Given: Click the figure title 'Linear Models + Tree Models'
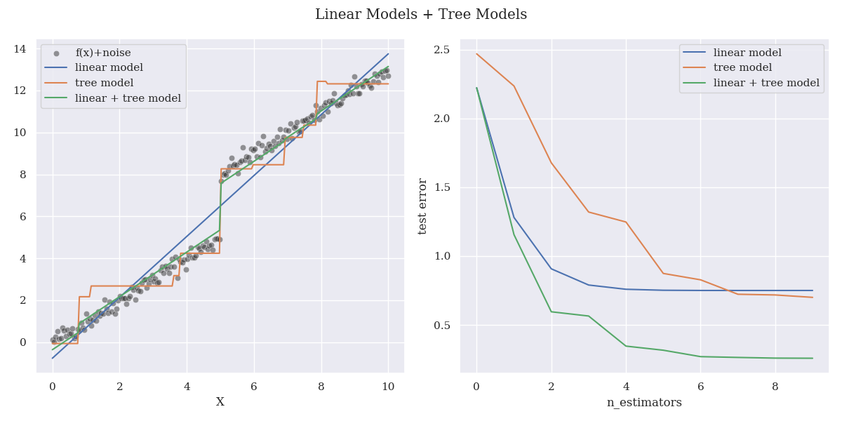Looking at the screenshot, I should (421, 15).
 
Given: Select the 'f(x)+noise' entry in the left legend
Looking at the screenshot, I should (102, 53).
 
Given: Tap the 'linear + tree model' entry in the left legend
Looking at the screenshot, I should (128, 98).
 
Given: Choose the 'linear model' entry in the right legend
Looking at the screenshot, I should (747, 53).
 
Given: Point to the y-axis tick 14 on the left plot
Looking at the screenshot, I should (20, 49).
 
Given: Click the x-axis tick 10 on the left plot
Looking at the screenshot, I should (388, 387).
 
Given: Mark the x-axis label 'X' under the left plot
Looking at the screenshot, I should (220, 402).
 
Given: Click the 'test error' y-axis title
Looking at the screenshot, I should (423, 206).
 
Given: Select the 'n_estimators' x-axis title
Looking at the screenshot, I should (644, 403).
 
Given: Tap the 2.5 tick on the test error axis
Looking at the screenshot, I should (441, 50).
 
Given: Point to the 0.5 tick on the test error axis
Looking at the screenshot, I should (441, 326).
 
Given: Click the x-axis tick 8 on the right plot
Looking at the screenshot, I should (775, 387).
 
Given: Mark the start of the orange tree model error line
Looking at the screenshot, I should (476, 54).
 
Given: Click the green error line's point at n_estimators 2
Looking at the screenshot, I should (552, 312).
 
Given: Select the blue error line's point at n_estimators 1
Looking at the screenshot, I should (514, 218).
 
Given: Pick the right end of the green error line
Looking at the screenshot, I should (813, 359).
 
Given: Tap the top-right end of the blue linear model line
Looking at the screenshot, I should (388, 53).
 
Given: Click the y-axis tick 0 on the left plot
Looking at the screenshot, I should (23, 342).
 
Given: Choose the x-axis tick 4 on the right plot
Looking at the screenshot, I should (626, 387).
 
